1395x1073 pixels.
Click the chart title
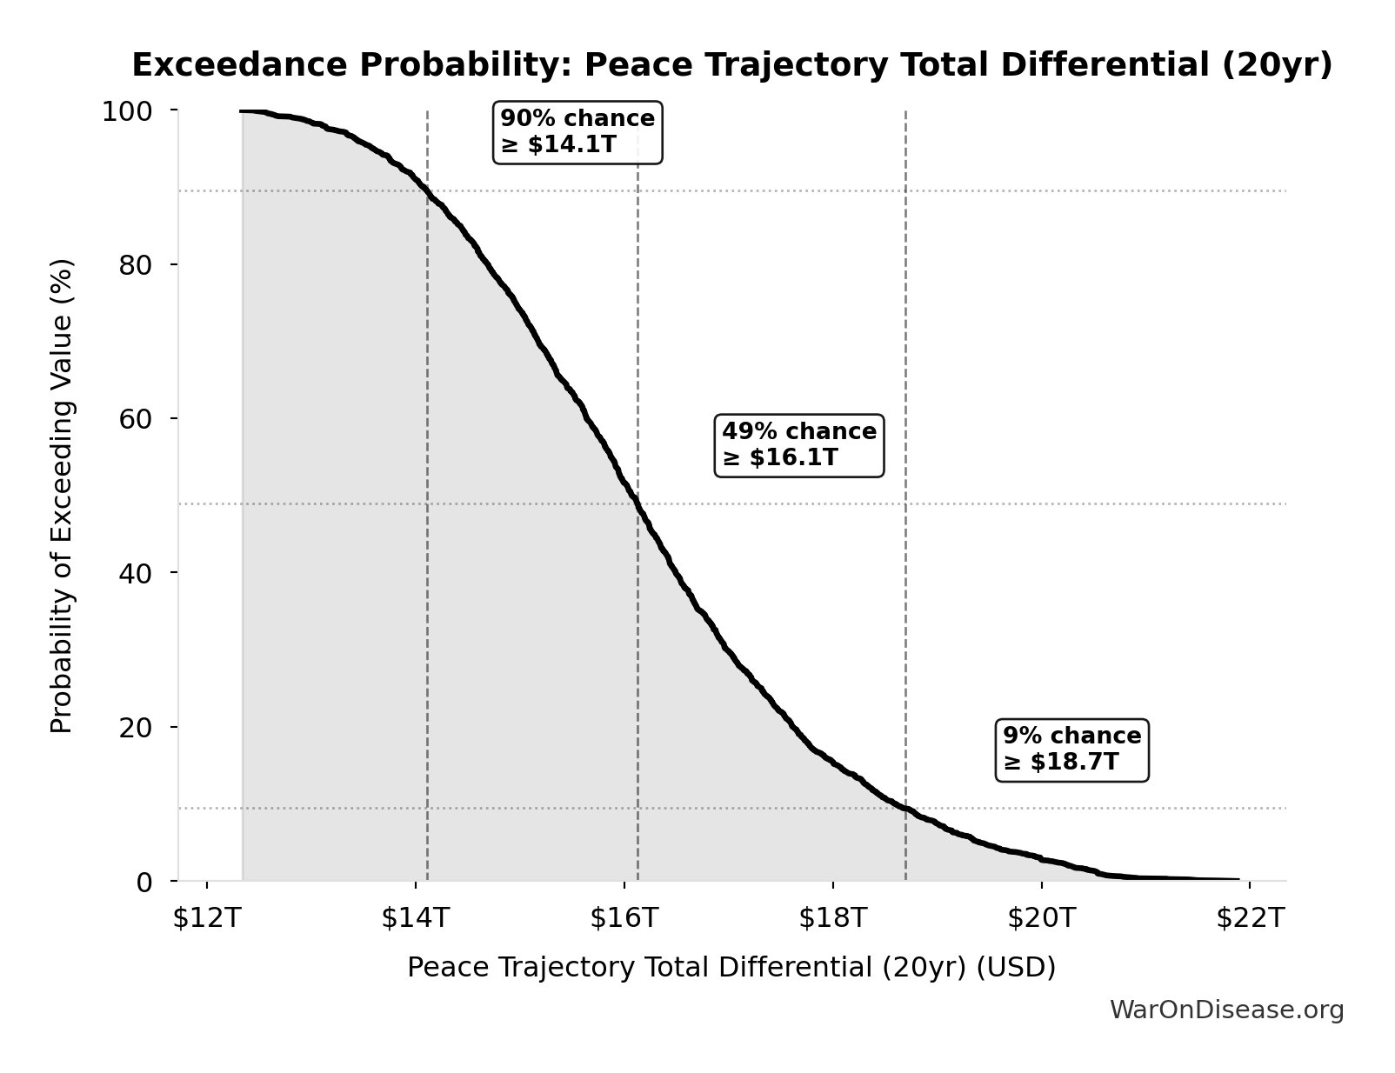pos(731,65)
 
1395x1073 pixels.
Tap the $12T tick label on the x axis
pos(206,917)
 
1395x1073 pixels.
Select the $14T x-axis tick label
pos(415,917)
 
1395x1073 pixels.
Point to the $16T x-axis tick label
pos(624,917)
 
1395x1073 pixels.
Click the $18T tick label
pos(832,917)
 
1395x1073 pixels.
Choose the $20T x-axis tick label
pos(1041,917)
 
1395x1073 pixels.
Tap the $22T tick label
pos(1250,917)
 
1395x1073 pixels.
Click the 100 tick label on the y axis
pos(127,111)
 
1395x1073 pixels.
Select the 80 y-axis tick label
pos(136,265)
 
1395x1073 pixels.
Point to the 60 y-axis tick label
pos(136,419)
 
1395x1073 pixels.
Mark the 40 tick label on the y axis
pos(136,573)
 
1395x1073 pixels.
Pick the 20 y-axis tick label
pos(136,728)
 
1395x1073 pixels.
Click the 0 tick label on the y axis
pos(144,882)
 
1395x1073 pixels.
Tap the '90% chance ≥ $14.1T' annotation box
pos(577,131)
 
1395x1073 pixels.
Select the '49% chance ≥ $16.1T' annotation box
pos(798,445)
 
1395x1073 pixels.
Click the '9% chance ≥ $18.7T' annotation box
pos(1071,750)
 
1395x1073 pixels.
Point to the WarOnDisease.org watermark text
pos(1226,1010)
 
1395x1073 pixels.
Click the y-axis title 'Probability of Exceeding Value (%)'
pos(62,496)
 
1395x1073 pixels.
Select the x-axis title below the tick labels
pos(731,967)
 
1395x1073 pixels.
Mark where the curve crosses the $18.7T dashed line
pos(905,809)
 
